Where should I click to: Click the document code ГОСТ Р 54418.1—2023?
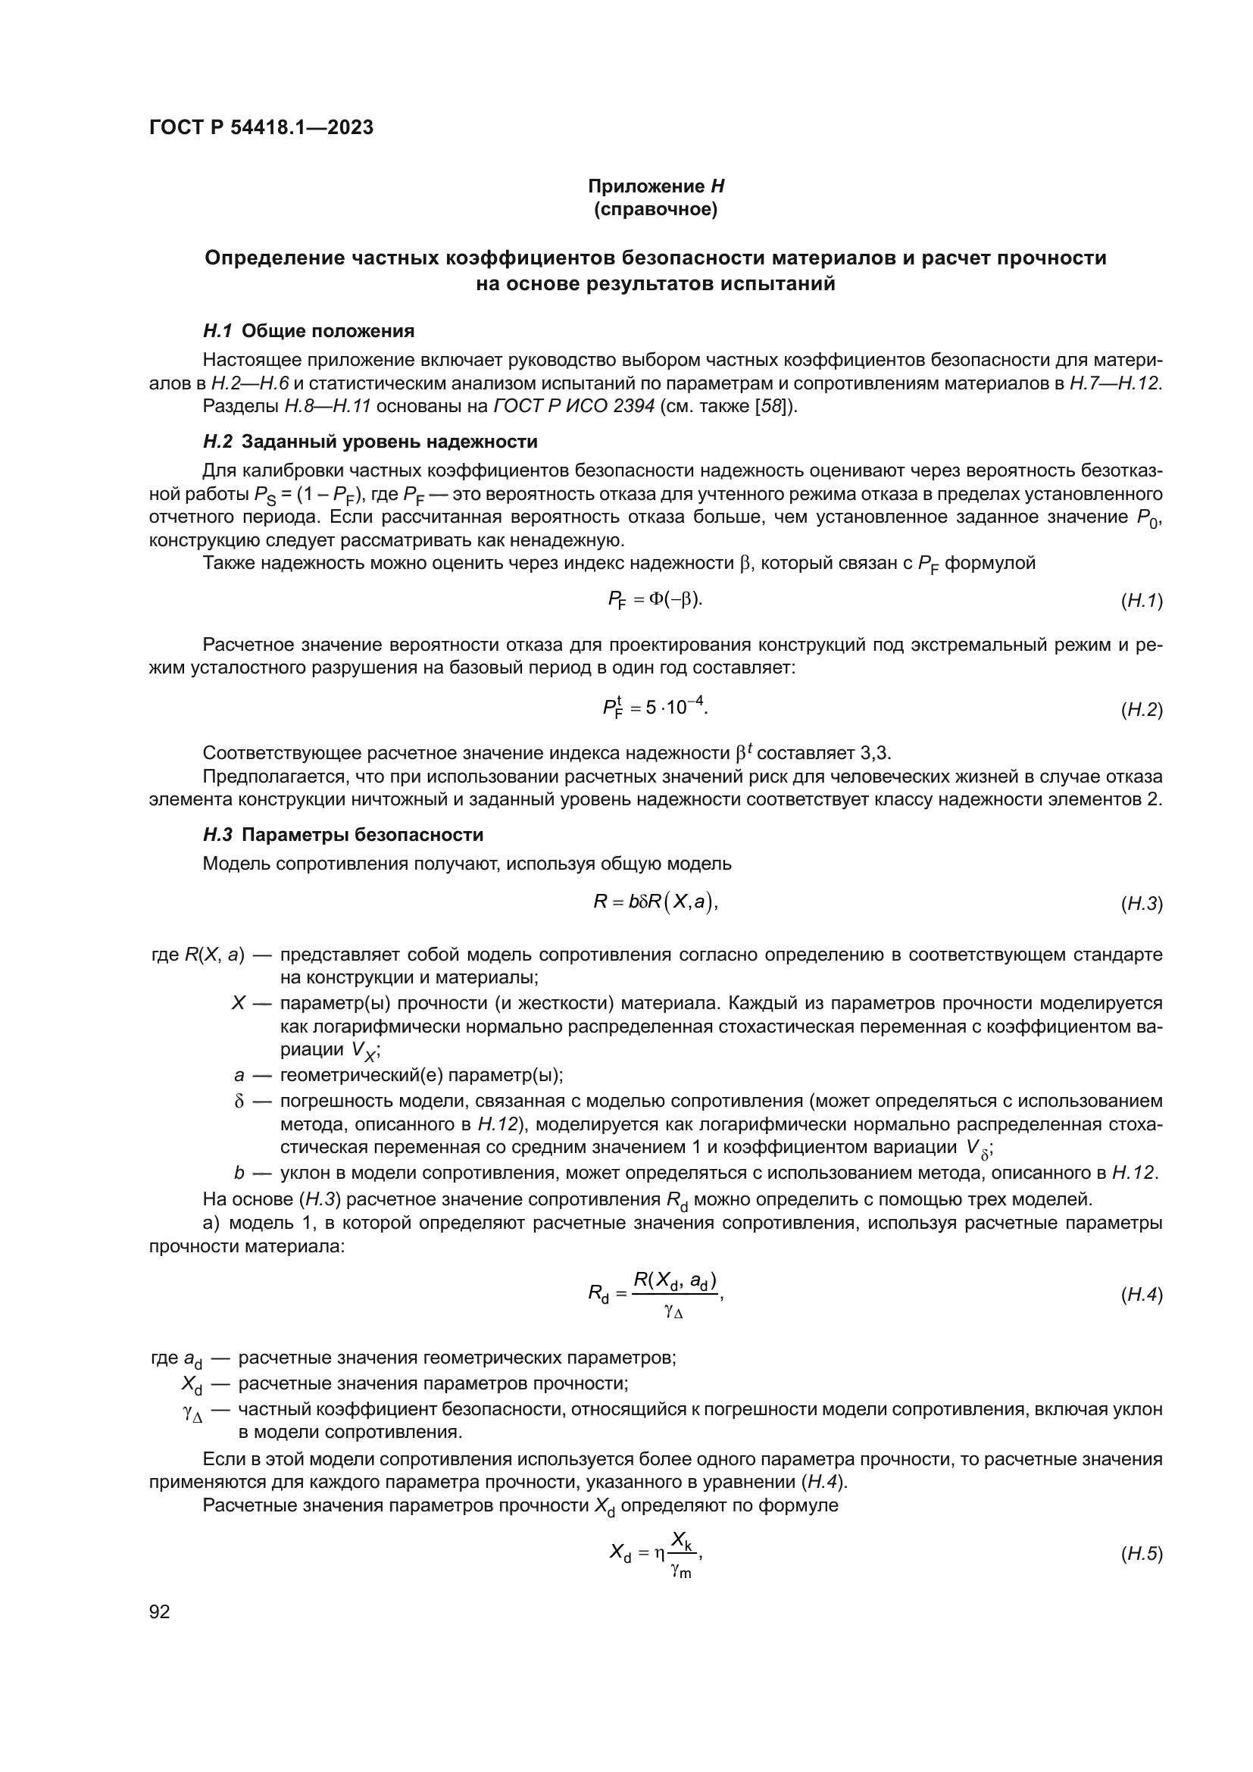pos(261,127)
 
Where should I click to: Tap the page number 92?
pos(160,1611)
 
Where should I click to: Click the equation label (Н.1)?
pos(1141,602)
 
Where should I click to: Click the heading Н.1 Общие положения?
pos(308,331)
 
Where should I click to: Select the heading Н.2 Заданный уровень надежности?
pos(370,442)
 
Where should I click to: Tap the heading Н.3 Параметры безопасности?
pos(343,834)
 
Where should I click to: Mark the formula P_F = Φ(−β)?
pos(655,600)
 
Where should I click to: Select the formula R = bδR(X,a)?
pos(655,902)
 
